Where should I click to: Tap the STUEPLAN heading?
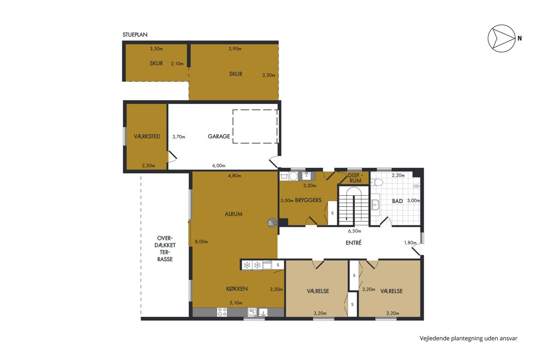pyautogui.click(x=135, y=35)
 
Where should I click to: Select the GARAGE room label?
pyautogui.click(x=219, y=136)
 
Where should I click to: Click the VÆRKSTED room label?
pyautogui.click(x=147, y=136)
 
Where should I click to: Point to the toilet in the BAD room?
pyautogui.click(x=377, y=182)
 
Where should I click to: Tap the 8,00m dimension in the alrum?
pyautogui.click(x=201, y=242)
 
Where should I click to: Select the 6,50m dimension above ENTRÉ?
pyautogui.click(x=355, y=231)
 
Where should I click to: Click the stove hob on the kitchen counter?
pyautogui.click(x=222, y=312)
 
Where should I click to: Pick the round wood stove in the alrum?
pyautogui.click(x=271, y=223)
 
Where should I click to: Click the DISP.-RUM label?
pyautogui.click(x=355, y=178)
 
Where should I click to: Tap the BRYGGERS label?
pyautogui.click(x=308, y=200)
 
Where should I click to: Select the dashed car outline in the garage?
pyautogui.click(x=255, y=126)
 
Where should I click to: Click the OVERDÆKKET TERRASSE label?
pyautogui.click(x=165, y=248)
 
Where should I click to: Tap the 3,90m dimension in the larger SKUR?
pyautogui.click(x=235, y=49)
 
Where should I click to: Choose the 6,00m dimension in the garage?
pyautogui.click(x=219, y=166)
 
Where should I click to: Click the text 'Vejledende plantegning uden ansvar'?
pyautogui.click(x=468, y=338)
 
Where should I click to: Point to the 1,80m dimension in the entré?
pyautogui.click(x=410, y=243)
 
